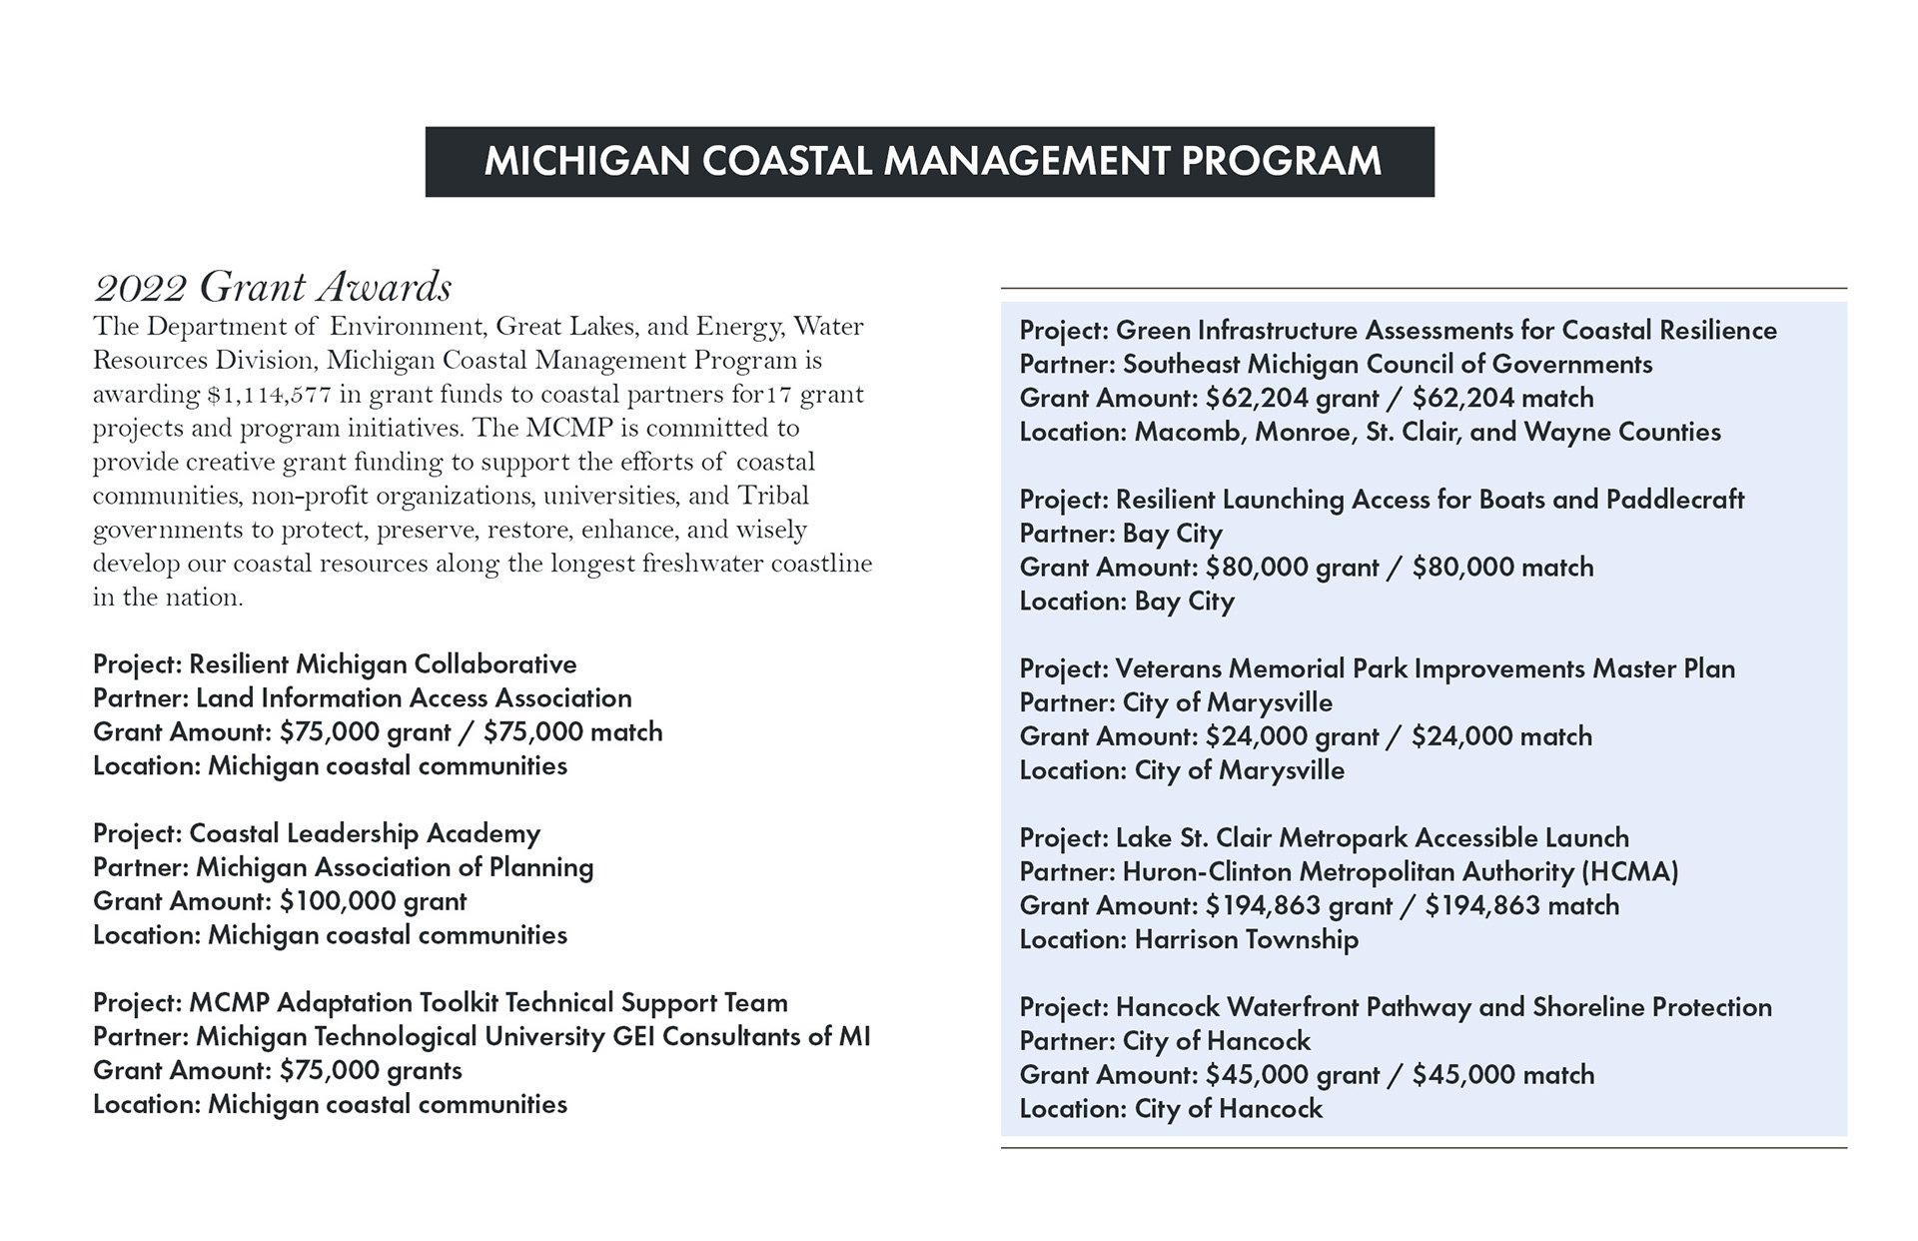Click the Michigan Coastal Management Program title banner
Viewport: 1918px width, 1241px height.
point(930,162)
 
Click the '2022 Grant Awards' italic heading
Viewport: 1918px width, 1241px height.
point(273,288)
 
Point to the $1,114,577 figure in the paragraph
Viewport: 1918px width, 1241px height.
point(269,395)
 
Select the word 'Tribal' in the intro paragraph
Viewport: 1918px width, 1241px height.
point(773,496)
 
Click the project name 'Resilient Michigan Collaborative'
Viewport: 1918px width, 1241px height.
point(383,664)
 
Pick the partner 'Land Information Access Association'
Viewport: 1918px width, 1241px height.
point(414,698)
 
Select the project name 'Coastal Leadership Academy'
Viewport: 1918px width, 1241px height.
point(365,833)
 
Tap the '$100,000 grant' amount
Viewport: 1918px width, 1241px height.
point(374,901)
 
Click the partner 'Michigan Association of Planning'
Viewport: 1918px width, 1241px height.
point(395,867)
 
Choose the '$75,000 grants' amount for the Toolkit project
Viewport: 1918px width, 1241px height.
point(371,1070)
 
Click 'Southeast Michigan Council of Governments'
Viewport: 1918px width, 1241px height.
point(1388,364)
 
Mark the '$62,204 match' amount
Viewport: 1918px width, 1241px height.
point(1503,398)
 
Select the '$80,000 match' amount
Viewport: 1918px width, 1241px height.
point(1503,568)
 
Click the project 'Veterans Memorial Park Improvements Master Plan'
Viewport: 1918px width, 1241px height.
point(1426,668)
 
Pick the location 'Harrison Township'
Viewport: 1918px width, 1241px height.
point(1247,940)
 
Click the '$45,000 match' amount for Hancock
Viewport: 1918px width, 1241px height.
point(1503,1075)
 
